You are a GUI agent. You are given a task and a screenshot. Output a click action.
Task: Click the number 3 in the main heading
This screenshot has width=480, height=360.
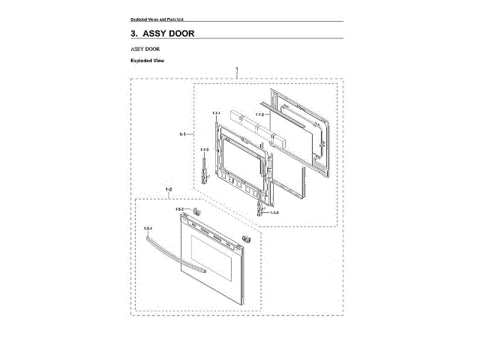pyautogui.click(x=133, y=34)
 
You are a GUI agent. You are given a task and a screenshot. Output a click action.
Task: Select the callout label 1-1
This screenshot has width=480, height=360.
pyautogui.click(x=182, y=134)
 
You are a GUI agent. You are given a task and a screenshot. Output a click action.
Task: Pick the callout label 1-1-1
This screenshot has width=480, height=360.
pyautogui.click(x=215, y=112)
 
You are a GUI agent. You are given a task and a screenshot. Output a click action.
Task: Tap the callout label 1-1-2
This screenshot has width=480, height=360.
pyautogui.click(x=259, y=114)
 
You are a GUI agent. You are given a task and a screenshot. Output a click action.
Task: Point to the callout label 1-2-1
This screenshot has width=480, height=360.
pyautogui.click(x=148, y=227)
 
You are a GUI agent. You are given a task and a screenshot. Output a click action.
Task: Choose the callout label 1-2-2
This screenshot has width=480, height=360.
pyautogui.click(x=180, y=208)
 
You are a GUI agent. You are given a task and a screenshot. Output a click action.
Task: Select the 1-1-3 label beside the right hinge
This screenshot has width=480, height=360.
pyautogui.click(x=274, y=213)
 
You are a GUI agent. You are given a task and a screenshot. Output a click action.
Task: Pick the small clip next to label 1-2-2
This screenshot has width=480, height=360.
pyautogui.click(x=194, y=211)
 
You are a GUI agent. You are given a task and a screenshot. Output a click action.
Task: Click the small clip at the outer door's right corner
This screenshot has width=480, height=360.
pyautogui.click(x=245, y=237)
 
